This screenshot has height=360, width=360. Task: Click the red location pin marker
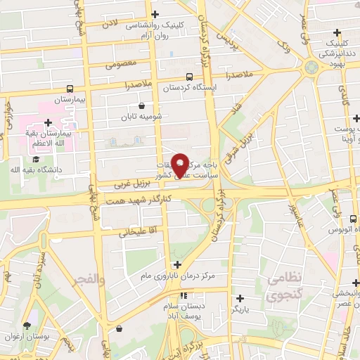(x=181, y=163)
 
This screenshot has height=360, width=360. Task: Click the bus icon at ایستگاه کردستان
(x=188, y=77)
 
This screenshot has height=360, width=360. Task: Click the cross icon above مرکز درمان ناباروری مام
(x=177, y=264)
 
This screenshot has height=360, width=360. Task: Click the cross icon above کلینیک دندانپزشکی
(x=337, y=32)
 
